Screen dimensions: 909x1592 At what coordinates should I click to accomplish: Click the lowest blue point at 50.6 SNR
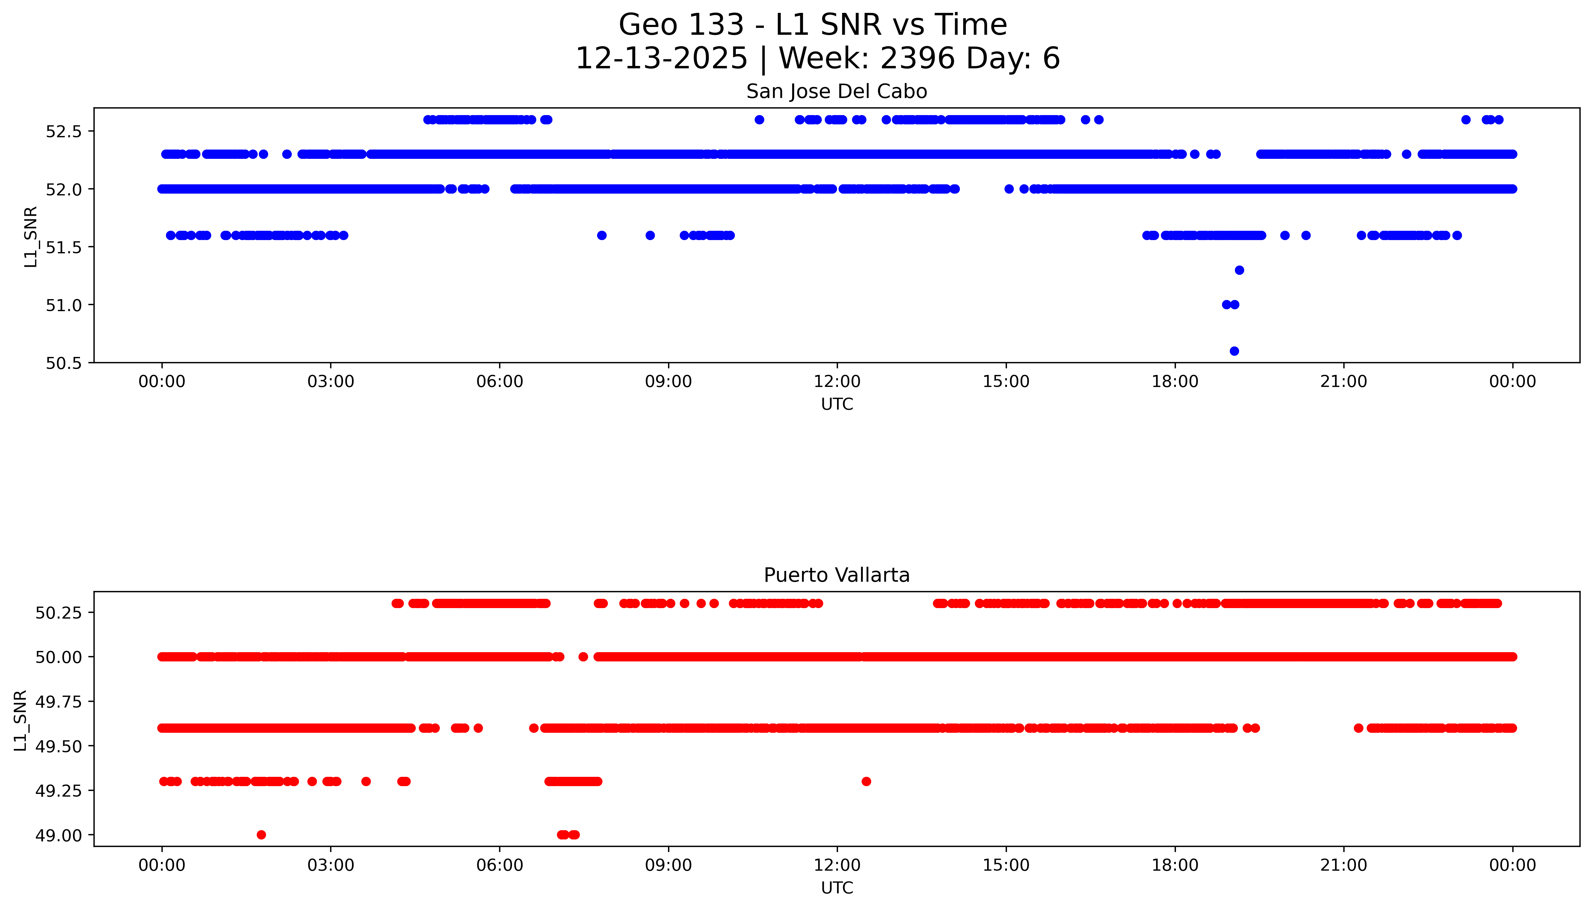coord(1234,351)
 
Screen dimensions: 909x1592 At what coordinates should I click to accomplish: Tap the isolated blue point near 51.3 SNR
coord(1239,270)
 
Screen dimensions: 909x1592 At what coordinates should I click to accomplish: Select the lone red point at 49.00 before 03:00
coord(262,835)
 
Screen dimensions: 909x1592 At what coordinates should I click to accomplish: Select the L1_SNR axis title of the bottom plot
coord(21,720)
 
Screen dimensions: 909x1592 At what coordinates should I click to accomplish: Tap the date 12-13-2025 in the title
coord(661,59)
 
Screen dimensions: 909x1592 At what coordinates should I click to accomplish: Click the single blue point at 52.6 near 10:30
coord(759,120)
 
